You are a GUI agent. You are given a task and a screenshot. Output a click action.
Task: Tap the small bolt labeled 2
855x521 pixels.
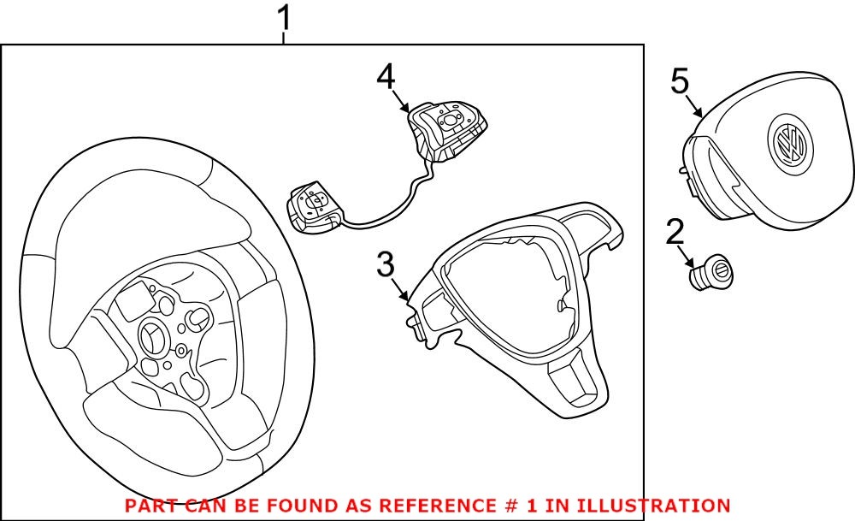coord(712,275)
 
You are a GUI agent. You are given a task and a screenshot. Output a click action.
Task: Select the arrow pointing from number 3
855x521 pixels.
coord(402,291)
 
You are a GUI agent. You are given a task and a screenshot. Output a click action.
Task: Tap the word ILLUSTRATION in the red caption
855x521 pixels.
coord(649,506)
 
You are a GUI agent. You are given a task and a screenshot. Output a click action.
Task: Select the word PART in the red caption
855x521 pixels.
coord(152,506)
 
